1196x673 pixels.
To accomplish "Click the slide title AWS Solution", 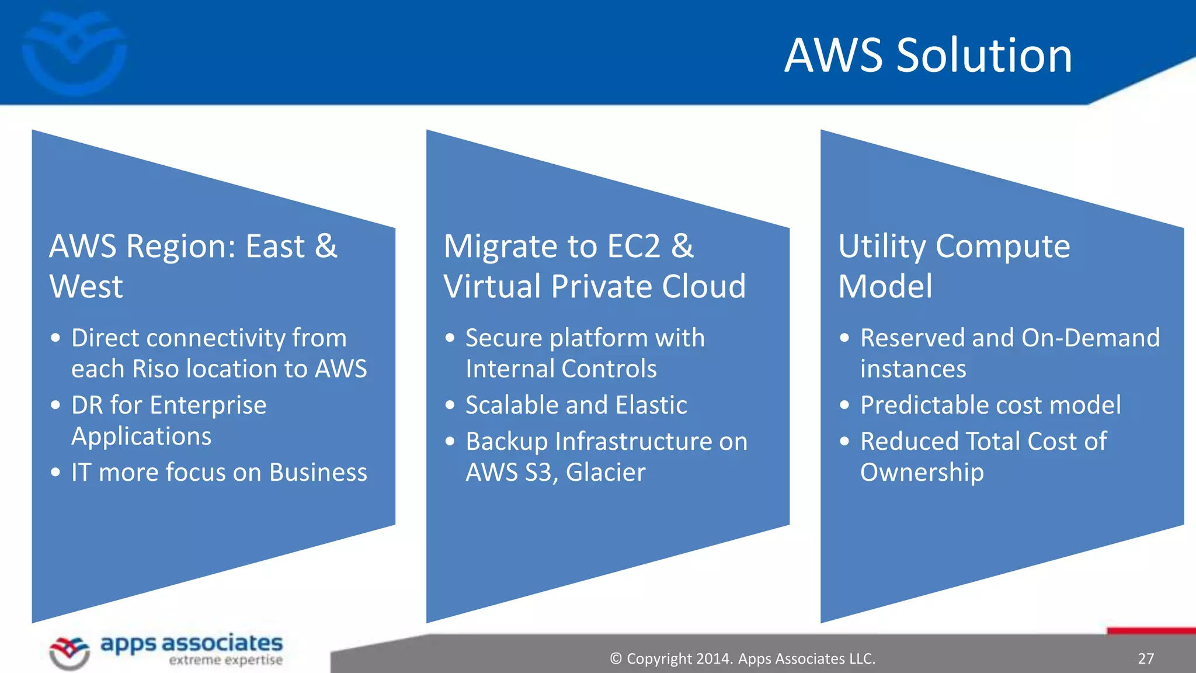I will [928, 55].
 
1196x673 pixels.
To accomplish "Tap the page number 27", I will [1146, 658].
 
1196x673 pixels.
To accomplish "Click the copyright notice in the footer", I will [742, 658].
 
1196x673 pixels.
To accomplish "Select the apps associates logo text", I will [192, 644].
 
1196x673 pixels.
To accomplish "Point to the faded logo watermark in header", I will [74, 51].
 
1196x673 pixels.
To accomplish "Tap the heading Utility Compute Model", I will [954, 266].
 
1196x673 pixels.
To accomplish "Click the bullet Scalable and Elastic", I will [576, 405].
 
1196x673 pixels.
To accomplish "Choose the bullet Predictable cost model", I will [990, 405].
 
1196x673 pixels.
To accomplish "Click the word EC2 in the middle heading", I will [634, 246].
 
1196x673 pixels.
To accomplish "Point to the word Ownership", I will [922, 472].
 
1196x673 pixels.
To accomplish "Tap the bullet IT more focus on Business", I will [219, 472].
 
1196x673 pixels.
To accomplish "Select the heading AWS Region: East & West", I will [193, 266].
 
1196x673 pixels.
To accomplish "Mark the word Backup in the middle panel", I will [506, 442].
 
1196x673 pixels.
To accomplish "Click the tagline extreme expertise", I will [225, 661].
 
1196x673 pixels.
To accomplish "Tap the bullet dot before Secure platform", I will [450, 338].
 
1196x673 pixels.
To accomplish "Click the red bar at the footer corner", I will [1150, 631].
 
